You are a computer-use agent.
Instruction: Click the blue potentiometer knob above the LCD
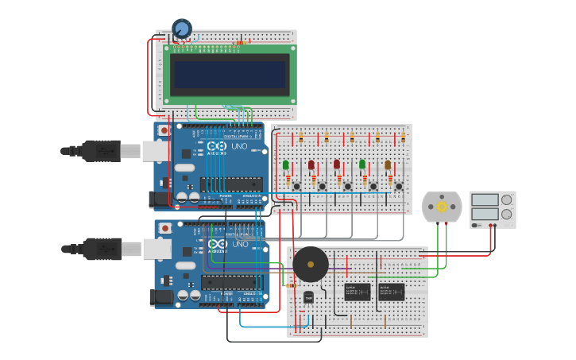tap(182, 29)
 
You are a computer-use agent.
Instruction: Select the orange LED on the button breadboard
tap(388, 165)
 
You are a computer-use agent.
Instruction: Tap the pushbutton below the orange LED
tap(398, 187)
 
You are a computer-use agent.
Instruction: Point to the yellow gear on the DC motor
tap(442, 207)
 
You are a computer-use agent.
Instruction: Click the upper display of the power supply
tap(484, 199)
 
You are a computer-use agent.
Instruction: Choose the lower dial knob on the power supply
tap(506, 214)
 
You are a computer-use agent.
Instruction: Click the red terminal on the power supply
tap(495, 225)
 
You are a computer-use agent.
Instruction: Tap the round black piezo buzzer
tap(310, 264)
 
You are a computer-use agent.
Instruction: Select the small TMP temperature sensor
tap(308, 297)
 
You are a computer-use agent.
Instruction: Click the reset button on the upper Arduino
tap(164, 130)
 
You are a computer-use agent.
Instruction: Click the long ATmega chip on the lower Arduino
tap(231, 282)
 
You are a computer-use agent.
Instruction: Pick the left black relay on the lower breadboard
tap(357, 292)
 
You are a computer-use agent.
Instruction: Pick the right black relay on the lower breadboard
tap(391, 292)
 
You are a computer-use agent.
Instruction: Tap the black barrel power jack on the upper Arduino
tap(160, 199)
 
